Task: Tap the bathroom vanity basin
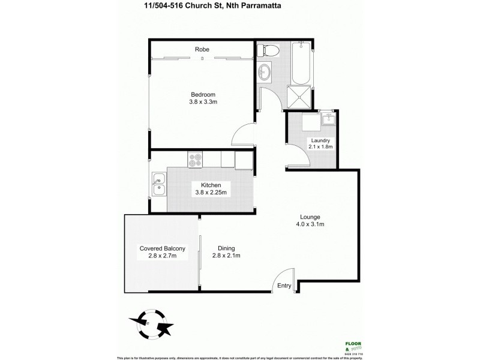pyautogui.click(x=264, y=73)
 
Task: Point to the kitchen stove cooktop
pyautogui.click(x=196, y=160)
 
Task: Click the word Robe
pyautogui.click(x=202, y=49)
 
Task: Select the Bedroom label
pyautogui.click(x=203, y=94)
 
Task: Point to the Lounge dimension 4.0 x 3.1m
pyautogui.click(x=310, y=224)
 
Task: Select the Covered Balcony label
pyautogui.click(x=162, y=248)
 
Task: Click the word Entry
pyautogui.click(x=284, y=286)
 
